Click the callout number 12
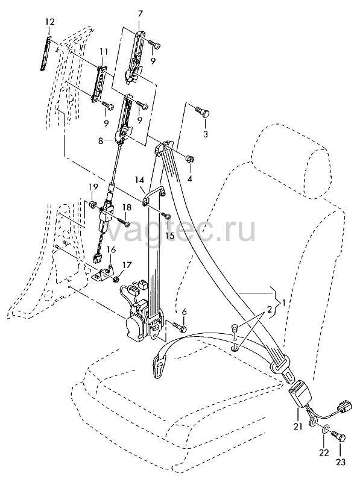point(50,22)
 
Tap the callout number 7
point(141,14)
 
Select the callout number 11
point(103,52)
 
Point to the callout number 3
point(206,134)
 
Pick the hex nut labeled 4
point(189,160)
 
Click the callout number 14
point(140,180)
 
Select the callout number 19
point(93,187)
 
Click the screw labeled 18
point(122,220)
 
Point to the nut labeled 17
point(116,279)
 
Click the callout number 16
point(112,249)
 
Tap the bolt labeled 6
point(179,327)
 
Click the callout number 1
point(283,303)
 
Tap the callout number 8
point(101,142)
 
